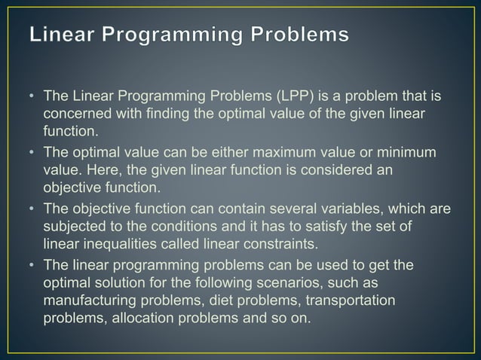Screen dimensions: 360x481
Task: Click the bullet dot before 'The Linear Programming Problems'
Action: tap(32, 98)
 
